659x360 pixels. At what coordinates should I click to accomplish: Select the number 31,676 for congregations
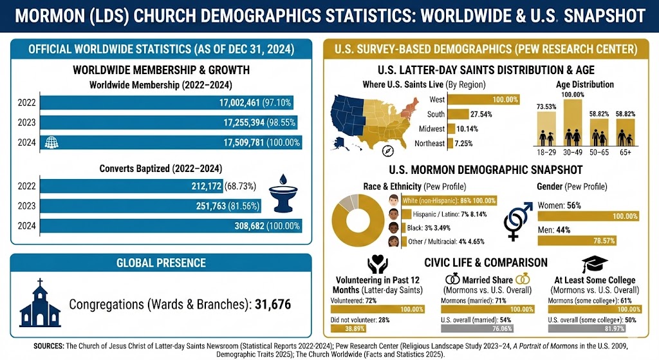[273, 303]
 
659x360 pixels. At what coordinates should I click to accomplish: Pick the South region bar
[458, 114]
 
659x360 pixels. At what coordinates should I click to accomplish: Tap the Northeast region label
[429, 143]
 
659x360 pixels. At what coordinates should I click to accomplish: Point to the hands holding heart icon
[377, 265]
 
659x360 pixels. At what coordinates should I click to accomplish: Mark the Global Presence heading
[161, 263]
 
